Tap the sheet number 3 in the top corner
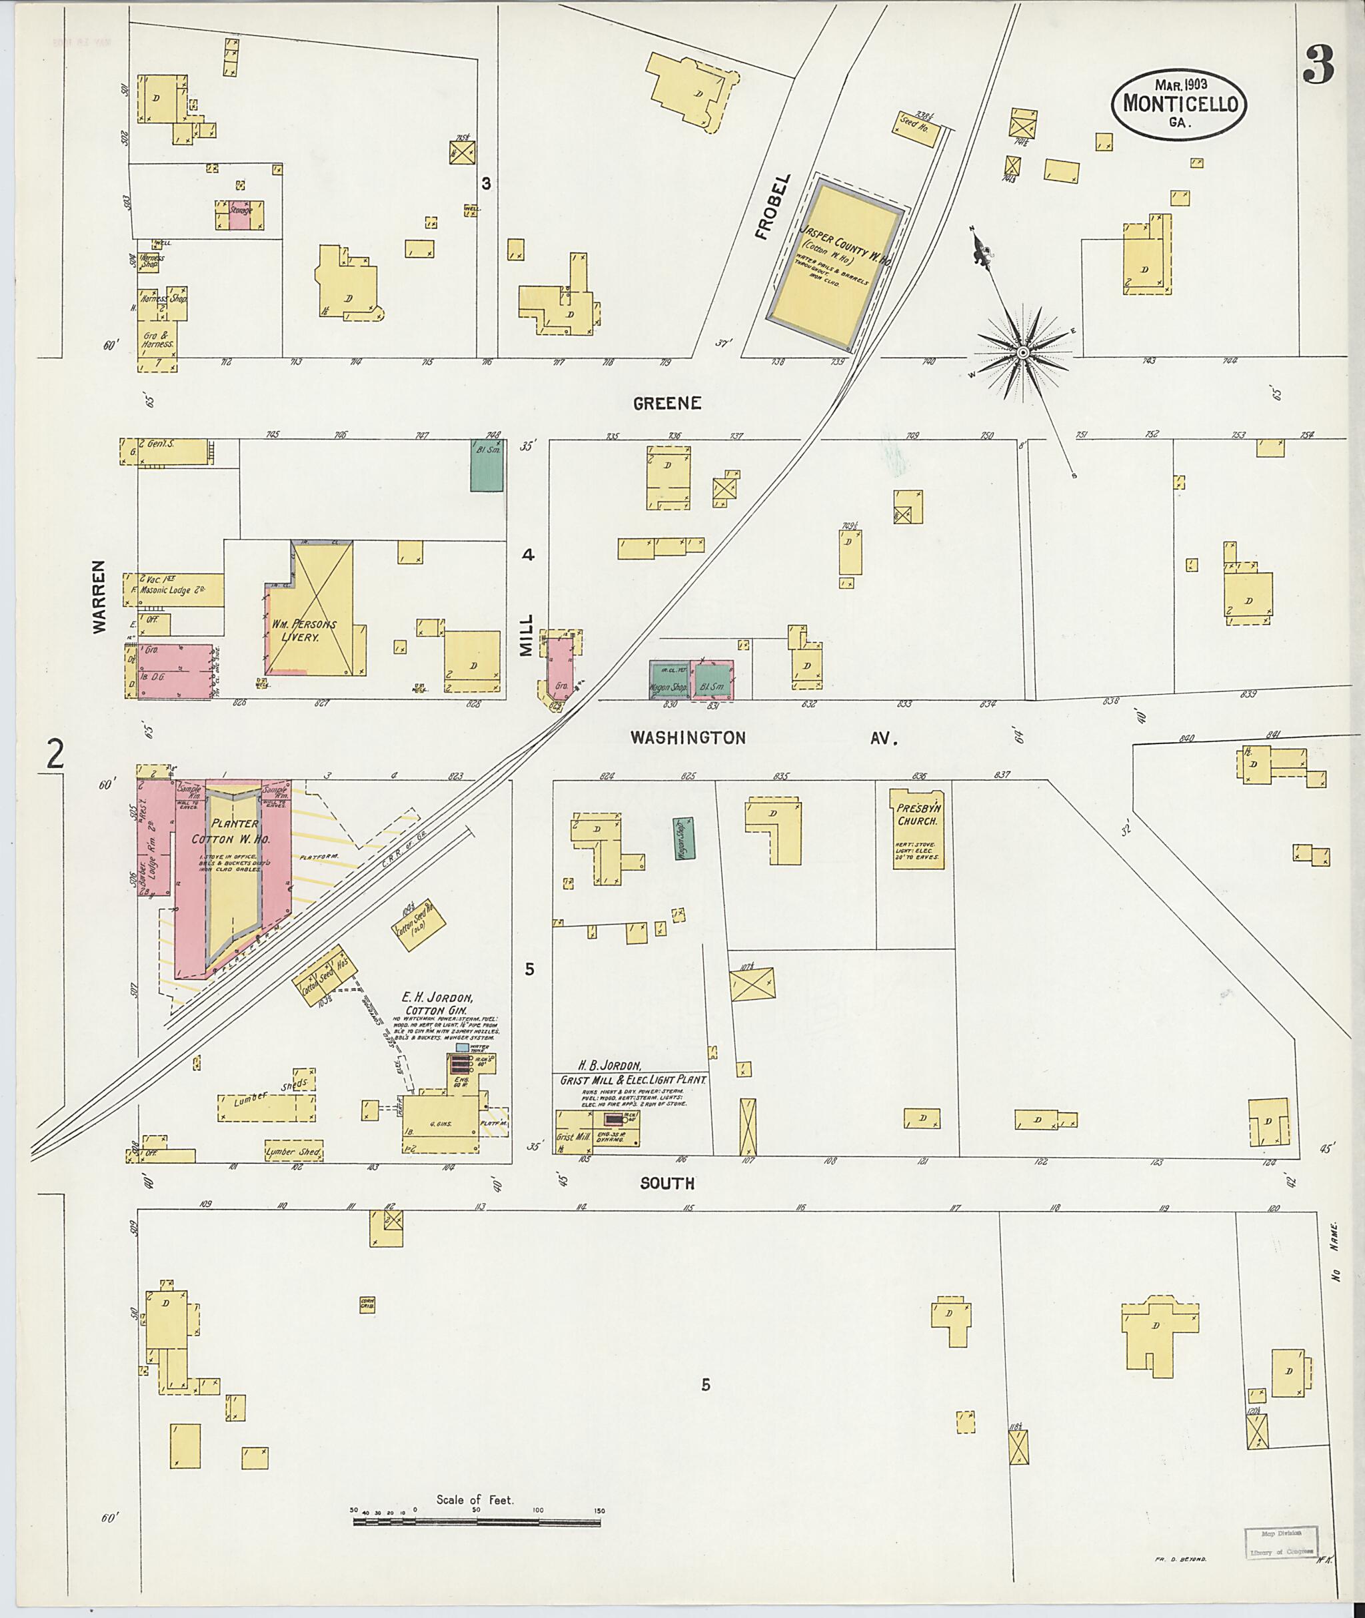coord(1318,65)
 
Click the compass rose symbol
coord(1023,352)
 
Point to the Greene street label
coord(667,403)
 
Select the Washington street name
coord(688,738)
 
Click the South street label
coord(667,1183)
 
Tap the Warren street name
coord(100,608)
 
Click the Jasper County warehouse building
coord(835,264)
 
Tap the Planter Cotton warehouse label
coord(225,831)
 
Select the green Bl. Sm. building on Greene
coord(487,465)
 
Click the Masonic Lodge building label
coord(183,590)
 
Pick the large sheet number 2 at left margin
coord(55,754)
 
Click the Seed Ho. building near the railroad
coord(918,125)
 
